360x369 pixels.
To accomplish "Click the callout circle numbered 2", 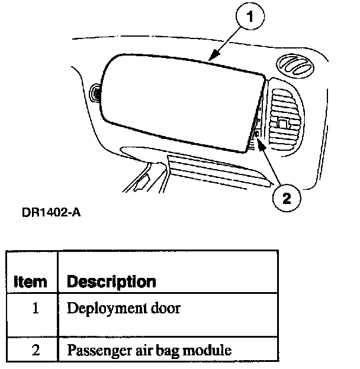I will point(286,198).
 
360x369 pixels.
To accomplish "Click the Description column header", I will point(111,281).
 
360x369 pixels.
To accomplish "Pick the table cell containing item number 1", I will point(34,308).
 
